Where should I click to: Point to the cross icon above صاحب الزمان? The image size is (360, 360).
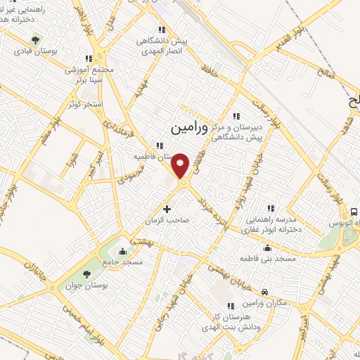pyautogui.click(x=167, y=208)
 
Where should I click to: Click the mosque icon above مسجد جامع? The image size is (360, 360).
pyautogui.click(x=124, y=251)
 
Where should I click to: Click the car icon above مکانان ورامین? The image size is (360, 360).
pyautogui.click(x=264, y=291)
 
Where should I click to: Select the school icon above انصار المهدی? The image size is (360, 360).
pyautogui.click(x=162, y=30)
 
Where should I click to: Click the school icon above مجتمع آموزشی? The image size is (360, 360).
pyautogui.click(x=88, y=58)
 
